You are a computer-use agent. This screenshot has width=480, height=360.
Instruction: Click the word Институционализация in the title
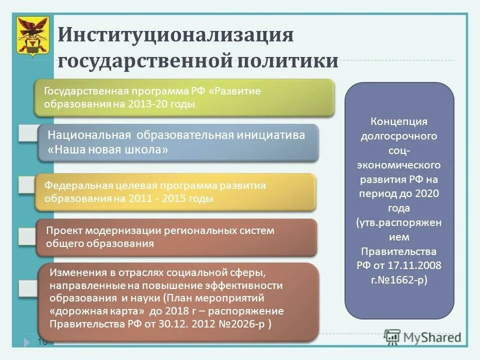click(x=175, y=35)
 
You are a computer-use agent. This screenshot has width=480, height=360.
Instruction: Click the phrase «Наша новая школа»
click(x=107, y=149)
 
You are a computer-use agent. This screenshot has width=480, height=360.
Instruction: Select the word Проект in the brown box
click(x=64, y=230)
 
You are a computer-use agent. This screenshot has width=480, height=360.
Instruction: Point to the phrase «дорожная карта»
click(x=97, y=311)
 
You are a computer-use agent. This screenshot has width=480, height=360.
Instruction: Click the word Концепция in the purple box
click(x=399, y=121)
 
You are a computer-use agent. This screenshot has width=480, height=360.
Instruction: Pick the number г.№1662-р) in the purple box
click(x=399, y=280)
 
